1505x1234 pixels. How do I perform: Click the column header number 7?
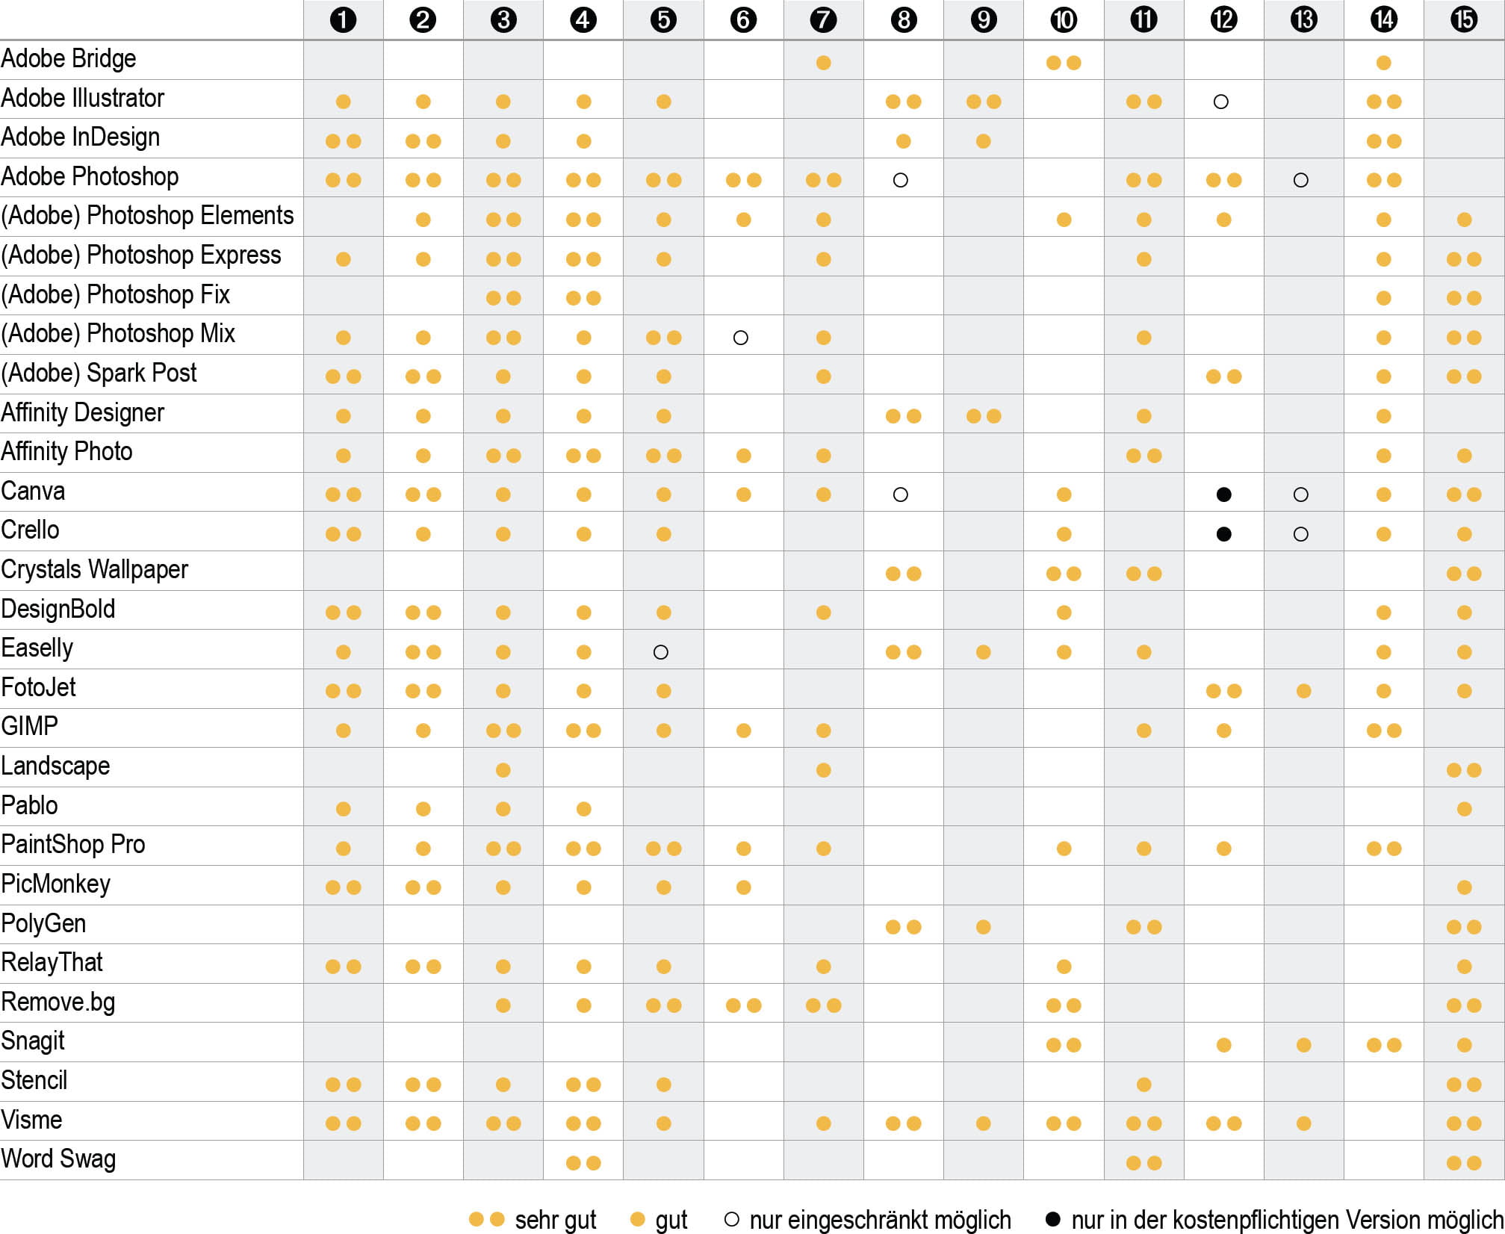[823, 19]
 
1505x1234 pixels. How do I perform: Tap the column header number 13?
[1303, 19]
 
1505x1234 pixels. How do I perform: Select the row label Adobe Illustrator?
[82, 98]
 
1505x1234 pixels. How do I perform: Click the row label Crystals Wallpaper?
[94, 569]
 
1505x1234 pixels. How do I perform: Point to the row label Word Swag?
[58, 1159]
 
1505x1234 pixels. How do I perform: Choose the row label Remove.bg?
[58, 1002]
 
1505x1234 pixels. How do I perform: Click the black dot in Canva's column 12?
[1223, 494]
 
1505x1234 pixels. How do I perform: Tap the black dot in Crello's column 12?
[1223, 534]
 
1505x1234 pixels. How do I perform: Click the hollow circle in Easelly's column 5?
[660, 652]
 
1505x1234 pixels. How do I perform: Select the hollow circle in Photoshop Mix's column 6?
[741, 338]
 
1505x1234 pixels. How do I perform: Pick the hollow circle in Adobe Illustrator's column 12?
[1221, 102]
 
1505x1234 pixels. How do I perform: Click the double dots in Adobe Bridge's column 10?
[1064, 63]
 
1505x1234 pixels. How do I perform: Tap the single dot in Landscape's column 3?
[503, 770]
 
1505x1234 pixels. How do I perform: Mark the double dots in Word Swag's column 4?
[583, 1163]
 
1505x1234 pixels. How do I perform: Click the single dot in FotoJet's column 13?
[1304, 691]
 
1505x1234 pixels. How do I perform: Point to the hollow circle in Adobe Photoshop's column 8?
[901, 180]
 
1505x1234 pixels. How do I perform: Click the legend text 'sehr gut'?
[556, 1220]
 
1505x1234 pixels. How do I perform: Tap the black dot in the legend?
[1053, 1220]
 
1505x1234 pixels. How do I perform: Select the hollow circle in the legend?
[732, 1220]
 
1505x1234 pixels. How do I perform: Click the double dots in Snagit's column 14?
[1384, 1045]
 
